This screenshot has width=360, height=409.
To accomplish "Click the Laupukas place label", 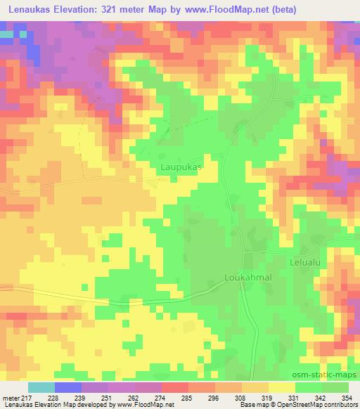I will pyautogui.click(x=181, y=168).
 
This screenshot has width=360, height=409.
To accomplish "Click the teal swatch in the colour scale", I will pyautogui.click(x=41, y=387).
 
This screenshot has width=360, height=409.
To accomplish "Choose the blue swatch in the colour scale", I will pyautogui.click(x=68, y=387).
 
